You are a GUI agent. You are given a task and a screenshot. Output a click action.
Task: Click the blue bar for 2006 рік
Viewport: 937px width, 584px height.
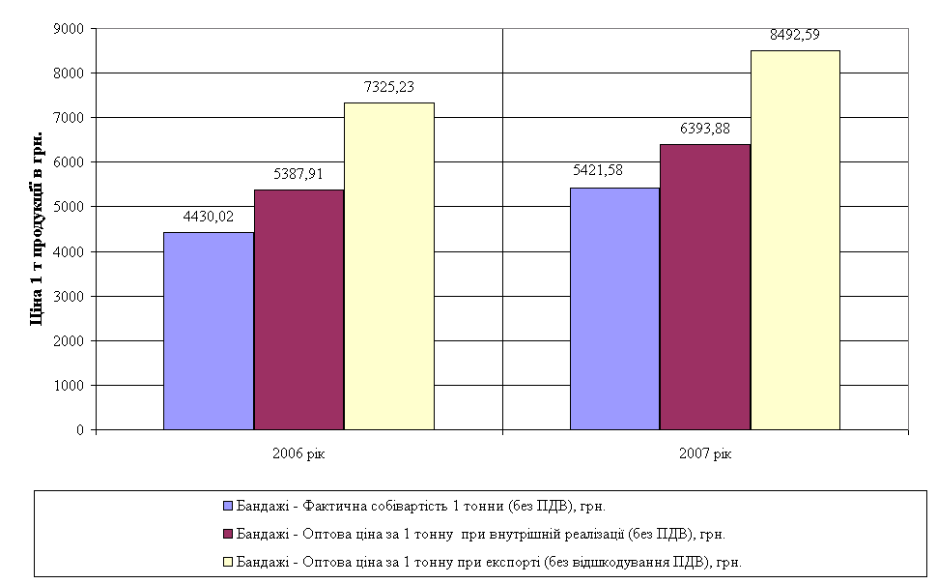209,331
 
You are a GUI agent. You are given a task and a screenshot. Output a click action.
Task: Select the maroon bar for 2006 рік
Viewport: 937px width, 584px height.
299,309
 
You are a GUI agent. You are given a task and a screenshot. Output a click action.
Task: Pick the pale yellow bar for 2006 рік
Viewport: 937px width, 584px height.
389,266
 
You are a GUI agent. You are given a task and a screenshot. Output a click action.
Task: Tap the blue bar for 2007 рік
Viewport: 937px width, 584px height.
615,308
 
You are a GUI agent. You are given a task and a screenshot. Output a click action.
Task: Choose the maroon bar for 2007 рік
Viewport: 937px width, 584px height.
705,287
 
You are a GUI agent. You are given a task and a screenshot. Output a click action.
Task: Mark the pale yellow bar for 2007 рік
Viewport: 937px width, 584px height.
795,240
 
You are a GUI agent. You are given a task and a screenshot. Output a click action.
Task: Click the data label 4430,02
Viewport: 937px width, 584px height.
209,217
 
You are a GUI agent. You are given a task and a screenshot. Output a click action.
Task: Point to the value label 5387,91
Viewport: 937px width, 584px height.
298,176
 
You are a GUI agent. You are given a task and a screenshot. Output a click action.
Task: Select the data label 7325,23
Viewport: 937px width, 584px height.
389,87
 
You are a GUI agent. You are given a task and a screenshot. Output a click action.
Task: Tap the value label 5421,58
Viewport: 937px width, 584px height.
597,171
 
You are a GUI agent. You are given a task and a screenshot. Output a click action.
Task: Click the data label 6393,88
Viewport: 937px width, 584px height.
705,129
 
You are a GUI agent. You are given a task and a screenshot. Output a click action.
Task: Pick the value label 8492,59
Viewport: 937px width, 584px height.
795,35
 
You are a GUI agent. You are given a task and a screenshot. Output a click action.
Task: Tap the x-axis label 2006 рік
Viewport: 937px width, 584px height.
299,453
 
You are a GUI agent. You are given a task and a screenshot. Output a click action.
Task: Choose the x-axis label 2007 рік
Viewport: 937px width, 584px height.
706,453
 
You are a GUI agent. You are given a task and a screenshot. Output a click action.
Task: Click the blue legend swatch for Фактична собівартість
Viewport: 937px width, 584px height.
228,505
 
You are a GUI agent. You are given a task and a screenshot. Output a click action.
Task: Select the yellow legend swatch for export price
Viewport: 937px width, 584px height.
228,561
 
